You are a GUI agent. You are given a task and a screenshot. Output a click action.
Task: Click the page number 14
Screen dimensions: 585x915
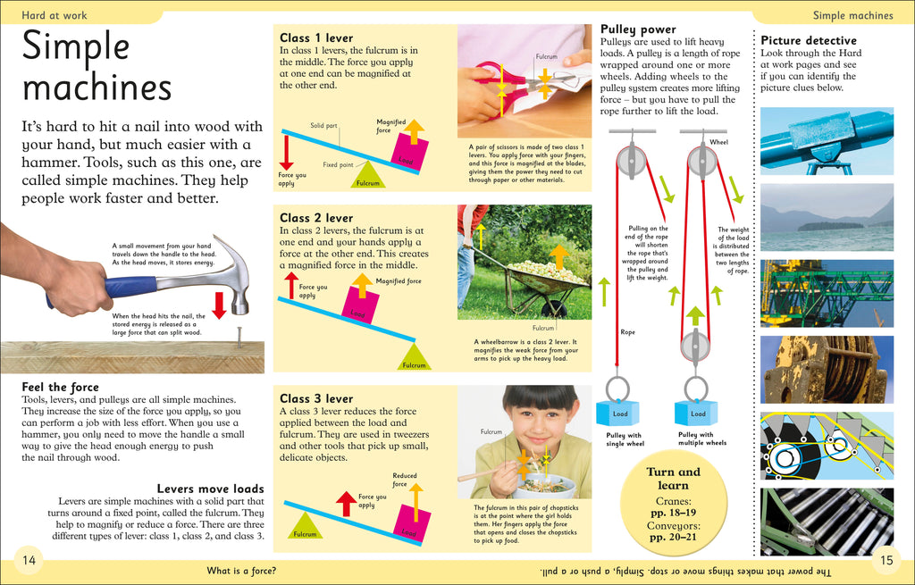coord(29,560)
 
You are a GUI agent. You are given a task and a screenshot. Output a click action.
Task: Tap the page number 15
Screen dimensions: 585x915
coord(886,560)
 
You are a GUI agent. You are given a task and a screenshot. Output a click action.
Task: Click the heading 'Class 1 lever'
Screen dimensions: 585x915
coord(316,38)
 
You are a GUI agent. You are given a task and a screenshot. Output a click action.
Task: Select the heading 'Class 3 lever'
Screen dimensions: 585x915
coord(316,398)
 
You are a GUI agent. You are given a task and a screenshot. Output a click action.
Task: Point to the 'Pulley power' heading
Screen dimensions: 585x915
coord(638,29)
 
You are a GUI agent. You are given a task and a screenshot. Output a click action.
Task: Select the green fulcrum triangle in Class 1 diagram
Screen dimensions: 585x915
coord(368,175)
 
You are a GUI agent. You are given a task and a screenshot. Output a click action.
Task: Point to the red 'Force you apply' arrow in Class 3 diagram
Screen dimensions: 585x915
coord(345,504)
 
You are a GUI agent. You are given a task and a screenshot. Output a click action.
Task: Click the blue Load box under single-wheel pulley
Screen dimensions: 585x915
coord(618,414)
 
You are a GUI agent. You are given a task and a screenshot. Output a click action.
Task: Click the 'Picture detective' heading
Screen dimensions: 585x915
coord(808,40)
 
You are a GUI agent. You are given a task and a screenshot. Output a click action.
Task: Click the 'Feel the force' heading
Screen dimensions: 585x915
coord(61,387)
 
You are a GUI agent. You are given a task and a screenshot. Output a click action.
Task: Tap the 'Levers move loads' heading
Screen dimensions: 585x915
coord(210,489)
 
